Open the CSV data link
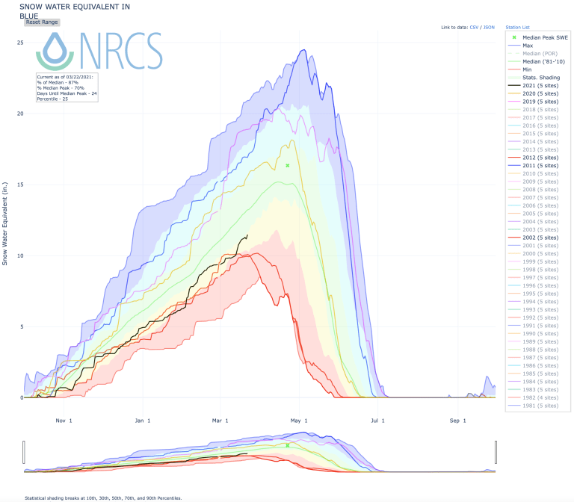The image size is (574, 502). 474,27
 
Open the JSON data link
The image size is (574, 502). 489,27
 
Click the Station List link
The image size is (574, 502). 517,27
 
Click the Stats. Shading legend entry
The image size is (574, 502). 541,77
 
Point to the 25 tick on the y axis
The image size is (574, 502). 21,43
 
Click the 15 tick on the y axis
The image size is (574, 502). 21,185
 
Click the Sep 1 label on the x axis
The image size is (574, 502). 457,421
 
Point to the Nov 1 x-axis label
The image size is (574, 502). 64,421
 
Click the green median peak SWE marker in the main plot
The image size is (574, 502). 288,166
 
